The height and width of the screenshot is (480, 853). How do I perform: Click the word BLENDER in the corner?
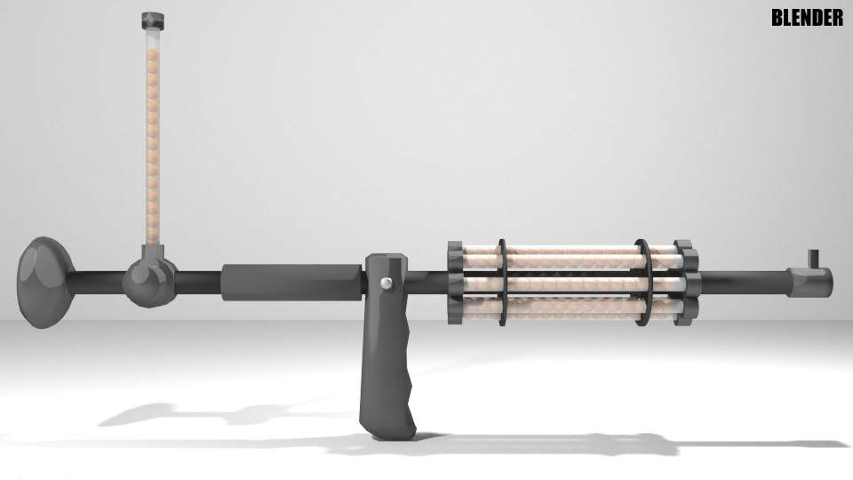(x=807, y=18)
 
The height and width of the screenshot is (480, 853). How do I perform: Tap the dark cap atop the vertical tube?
(x=154, y=19)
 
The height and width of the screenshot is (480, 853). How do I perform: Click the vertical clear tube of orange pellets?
(x=154, y=133)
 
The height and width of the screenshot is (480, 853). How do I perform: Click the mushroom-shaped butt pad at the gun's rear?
(x=43, y=282)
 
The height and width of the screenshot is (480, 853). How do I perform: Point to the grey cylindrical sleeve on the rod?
(x=291, y=282)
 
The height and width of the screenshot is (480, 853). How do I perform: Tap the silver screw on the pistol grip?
(x=387, y=283)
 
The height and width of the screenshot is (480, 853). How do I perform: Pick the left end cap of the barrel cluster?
(x=454, y=281)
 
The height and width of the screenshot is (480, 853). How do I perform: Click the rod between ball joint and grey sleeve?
(x=198, y=282)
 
